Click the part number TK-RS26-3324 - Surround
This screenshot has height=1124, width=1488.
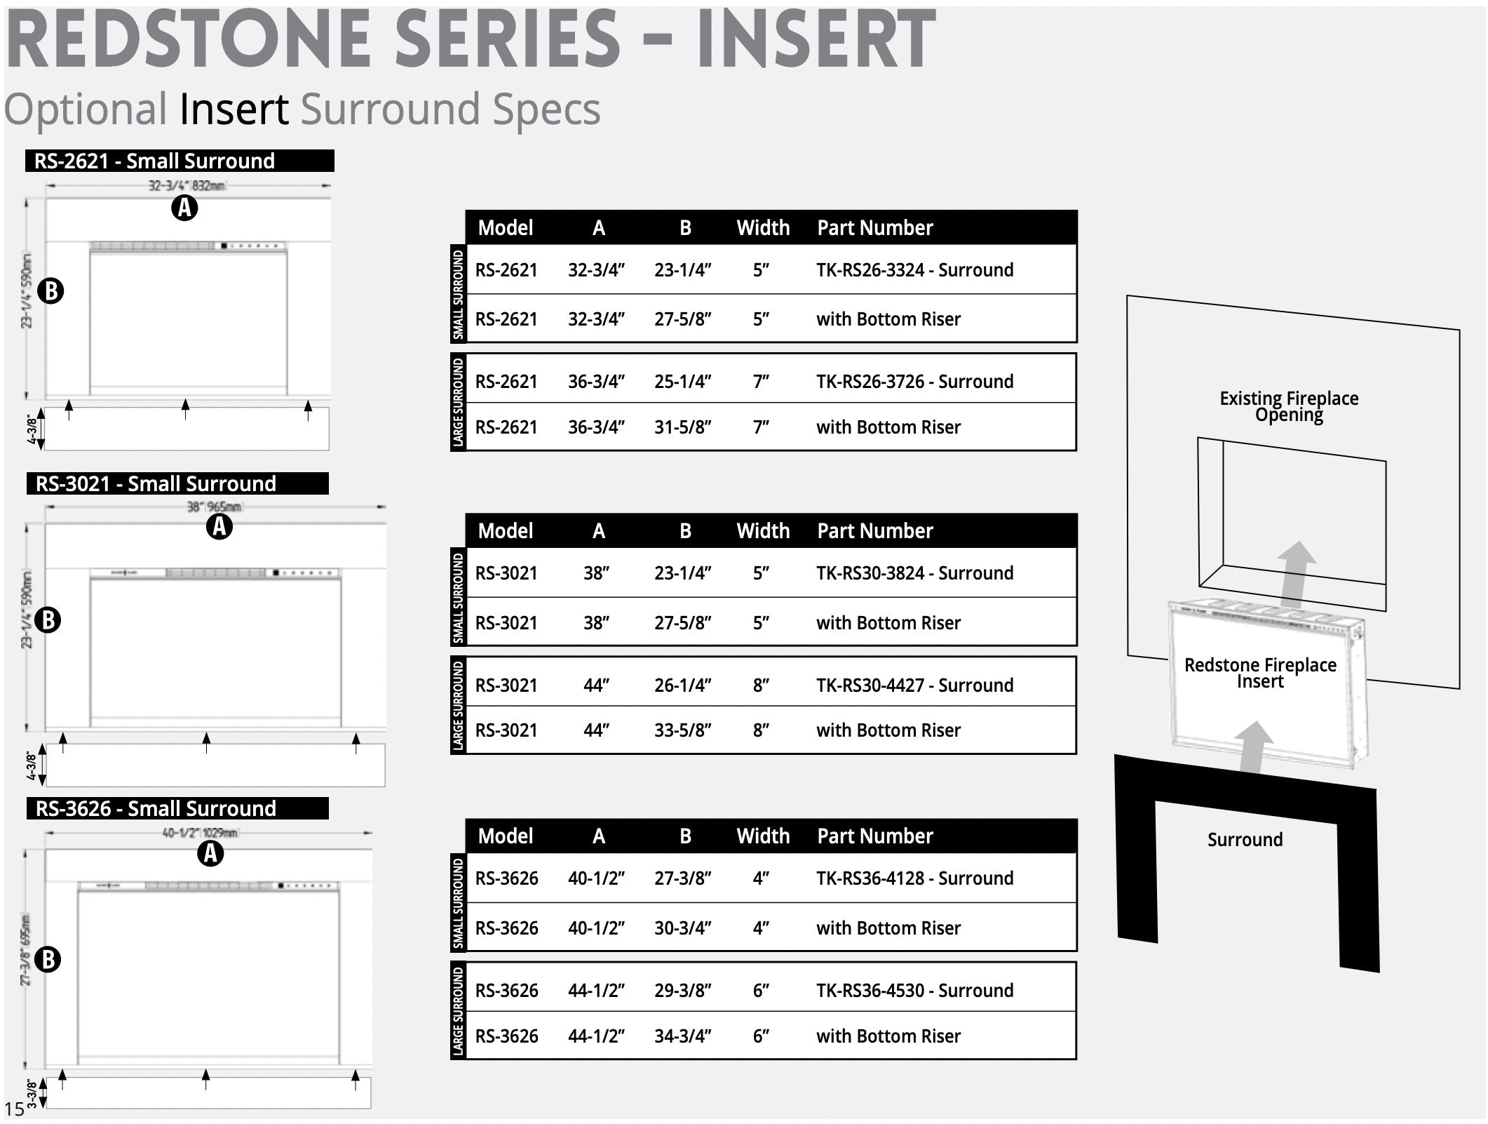pyautogui.click(x=914, y=270)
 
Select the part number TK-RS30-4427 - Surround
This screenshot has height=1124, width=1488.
pyautogui.click(x=914, y=685)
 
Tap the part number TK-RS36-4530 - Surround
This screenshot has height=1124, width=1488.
pyautogui.click(x=914, y=991)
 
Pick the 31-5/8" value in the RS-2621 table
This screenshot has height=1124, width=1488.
pyautogui.click(x=682, y=427)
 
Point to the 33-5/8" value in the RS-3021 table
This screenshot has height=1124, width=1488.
pyautogui.click(x=682, y=730)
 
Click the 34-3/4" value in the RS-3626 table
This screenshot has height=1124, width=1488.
pyautogui.click(x=682, y=1036)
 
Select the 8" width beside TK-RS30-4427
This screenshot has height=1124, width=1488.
pyautogui.click(x=761, y=685)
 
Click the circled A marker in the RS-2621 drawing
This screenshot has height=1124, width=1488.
pyautogui.click(x=184, y=208)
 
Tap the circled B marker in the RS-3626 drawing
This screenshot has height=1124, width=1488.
pyautogui.click(x=48, y=959)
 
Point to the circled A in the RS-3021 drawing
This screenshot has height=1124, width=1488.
pyautogui.click(x=219, y=526)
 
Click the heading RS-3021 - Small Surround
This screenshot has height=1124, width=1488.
pyautogui.click(x=156, y=483)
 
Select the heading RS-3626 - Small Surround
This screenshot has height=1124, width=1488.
pyautogui.click(x=156, y=808)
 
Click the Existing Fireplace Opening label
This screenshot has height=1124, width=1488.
pyautogui.click(x=1289, y=406)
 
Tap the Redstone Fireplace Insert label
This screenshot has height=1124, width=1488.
pyautogui.click(x=1260, y=673)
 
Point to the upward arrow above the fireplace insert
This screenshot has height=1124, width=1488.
pyautogui.click(x=1296, y=572)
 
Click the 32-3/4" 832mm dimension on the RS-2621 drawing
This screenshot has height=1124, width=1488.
pyautogui.click(x=186, y=186)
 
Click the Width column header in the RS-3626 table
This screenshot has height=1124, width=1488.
pyautogui.click(x=763, y=836)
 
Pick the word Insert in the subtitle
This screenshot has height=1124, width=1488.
pyautogui.click(x=234, y=109)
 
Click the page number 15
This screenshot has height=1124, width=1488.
pyautogui.click(x=14, y=1109)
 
